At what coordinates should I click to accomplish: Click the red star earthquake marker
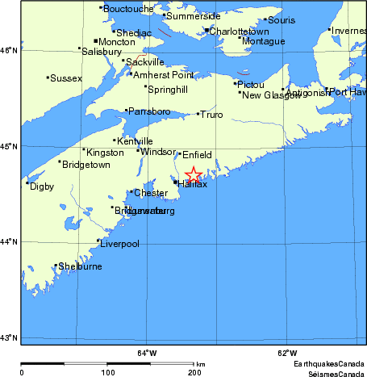194,174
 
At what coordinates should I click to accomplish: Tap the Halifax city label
192,185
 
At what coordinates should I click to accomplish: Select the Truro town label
211,115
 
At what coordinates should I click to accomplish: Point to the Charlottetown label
239,31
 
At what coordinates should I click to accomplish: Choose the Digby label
41,186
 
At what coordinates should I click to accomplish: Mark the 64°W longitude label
146,353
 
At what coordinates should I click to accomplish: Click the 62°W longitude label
287,353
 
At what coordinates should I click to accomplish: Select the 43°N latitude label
8,337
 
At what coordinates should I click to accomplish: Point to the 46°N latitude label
8,50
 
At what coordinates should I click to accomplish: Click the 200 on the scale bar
194,372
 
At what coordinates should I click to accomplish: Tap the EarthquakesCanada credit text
328,364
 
